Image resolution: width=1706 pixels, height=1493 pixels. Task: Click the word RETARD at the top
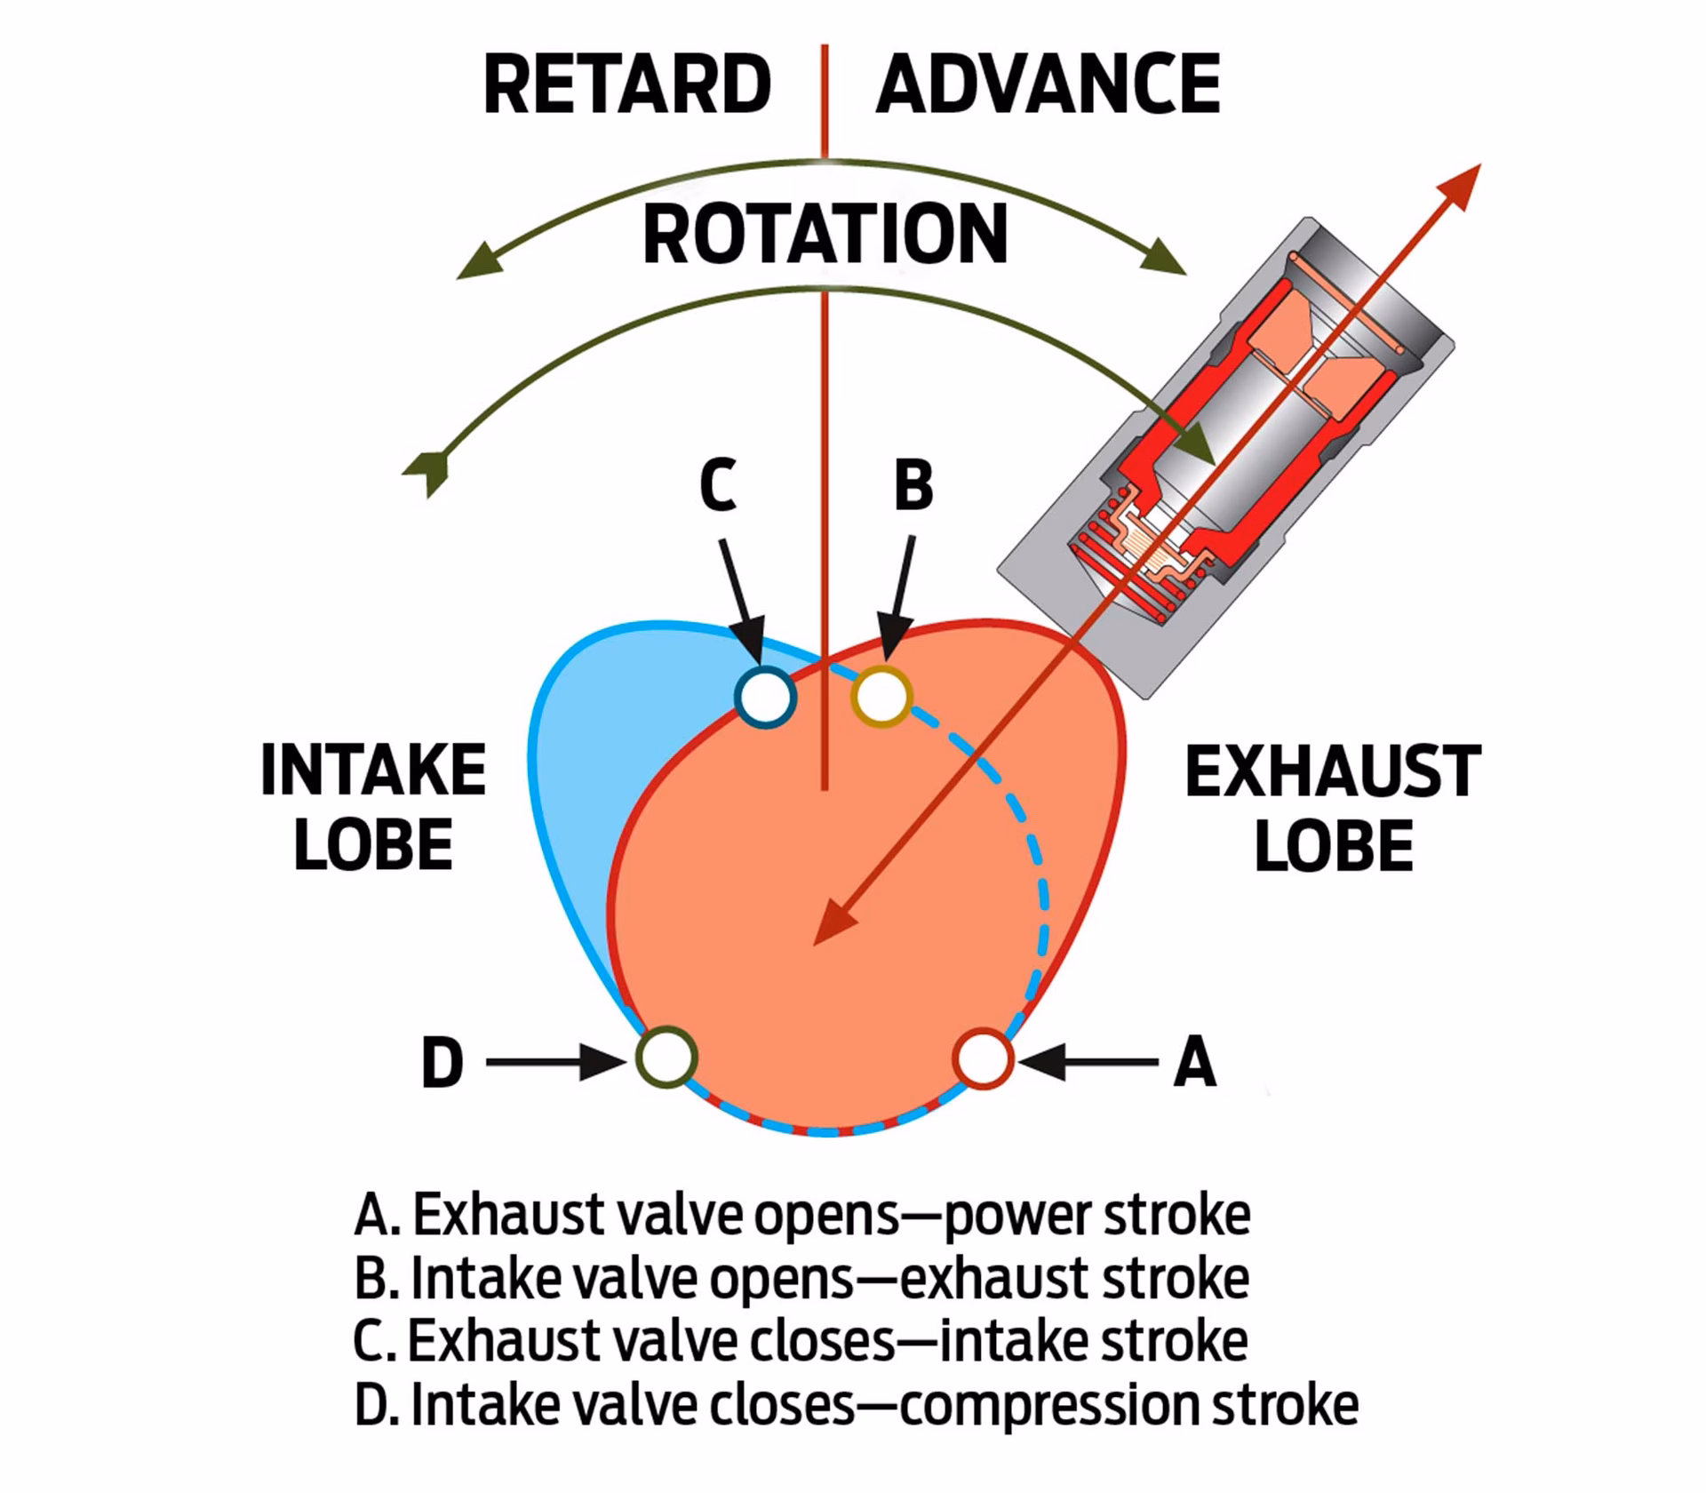point(626,84)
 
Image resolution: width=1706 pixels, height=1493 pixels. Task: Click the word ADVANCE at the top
point(1048,84)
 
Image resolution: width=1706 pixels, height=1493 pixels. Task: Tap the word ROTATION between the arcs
point(825,235)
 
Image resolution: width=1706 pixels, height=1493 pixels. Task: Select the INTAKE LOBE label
point(373,807)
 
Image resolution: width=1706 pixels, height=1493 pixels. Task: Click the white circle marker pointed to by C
point(765,697)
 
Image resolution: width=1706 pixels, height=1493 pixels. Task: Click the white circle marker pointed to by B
point(881,697)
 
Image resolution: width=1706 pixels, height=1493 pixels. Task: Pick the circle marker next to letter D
point(666,1058)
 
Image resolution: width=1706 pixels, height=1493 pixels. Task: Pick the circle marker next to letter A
point(982,1058)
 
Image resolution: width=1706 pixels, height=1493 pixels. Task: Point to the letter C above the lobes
point(718,486)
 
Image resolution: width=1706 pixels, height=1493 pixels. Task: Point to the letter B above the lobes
point(913,486)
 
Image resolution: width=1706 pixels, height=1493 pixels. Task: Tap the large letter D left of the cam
point(442,1062)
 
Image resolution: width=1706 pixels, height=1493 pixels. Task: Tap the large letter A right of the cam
point(1194,1062)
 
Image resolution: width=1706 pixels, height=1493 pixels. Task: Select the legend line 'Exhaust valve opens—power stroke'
point(802,1215)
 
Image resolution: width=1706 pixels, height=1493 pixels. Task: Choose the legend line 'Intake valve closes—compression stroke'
point(856,1405)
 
